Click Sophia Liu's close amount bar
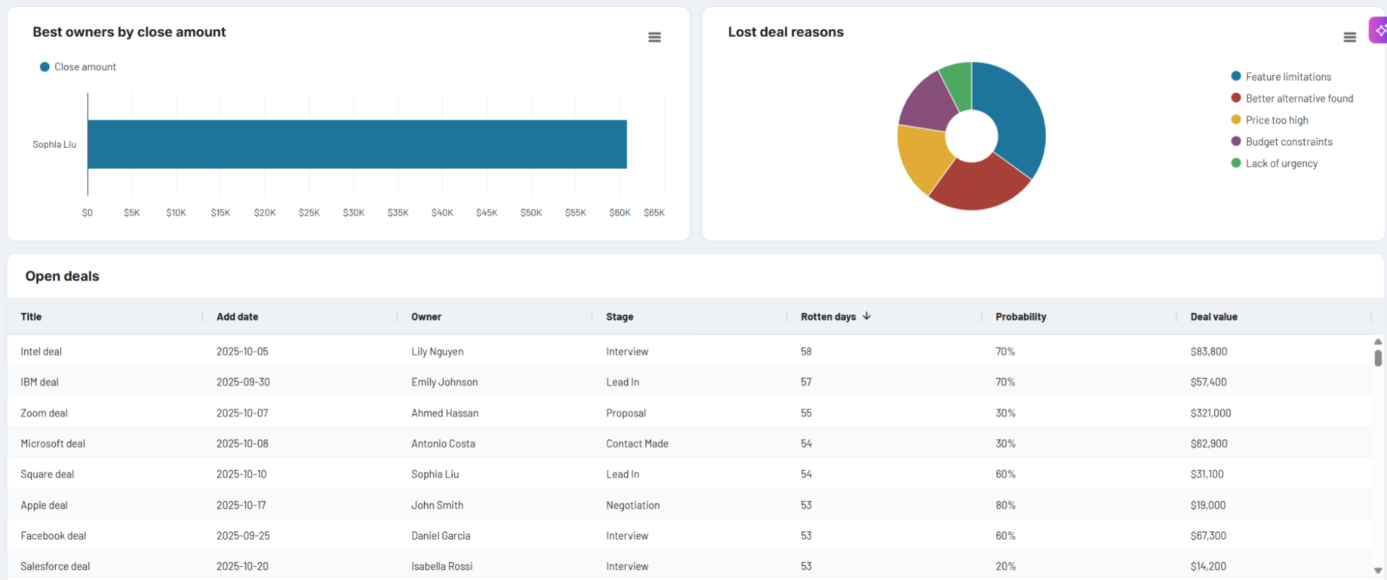pyautogui.click(x=357, y=144)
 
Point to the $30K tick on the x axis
pyautogui.click(x=353, y=213)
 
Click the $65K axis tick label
pyautogui.click(x=654, y=213)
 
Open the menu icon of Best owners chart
pyautogui.click(x=654, y=37)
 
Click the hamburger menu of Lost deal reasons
pyautogui.click(x=1350, y=37)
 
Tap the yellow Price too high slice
pyautogui.click(x=924, y=155)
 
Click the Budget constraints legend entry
pyautogui.click(x=1288, y=142)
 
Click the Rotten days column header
pyautogui.click(x=828, y=317)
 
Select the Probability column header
pyautogui.click(x=1020, y=317)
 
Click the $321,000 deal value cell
pyautogui.click(x=1210, y=413)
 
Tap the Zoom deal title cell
pyautogui.click(x=44, y=413)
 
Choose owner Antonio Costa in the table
pyautogui.click(x=443, y=444)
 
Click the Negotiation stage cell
pyautogui.click(x=632, y=506)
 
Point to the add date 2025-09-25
pyautogui.click(x=243, y=536)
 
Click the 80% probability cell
pyautogui.click(x=1005, y=506)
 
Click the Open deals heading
pyautogui.click(x=62, y=277)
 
